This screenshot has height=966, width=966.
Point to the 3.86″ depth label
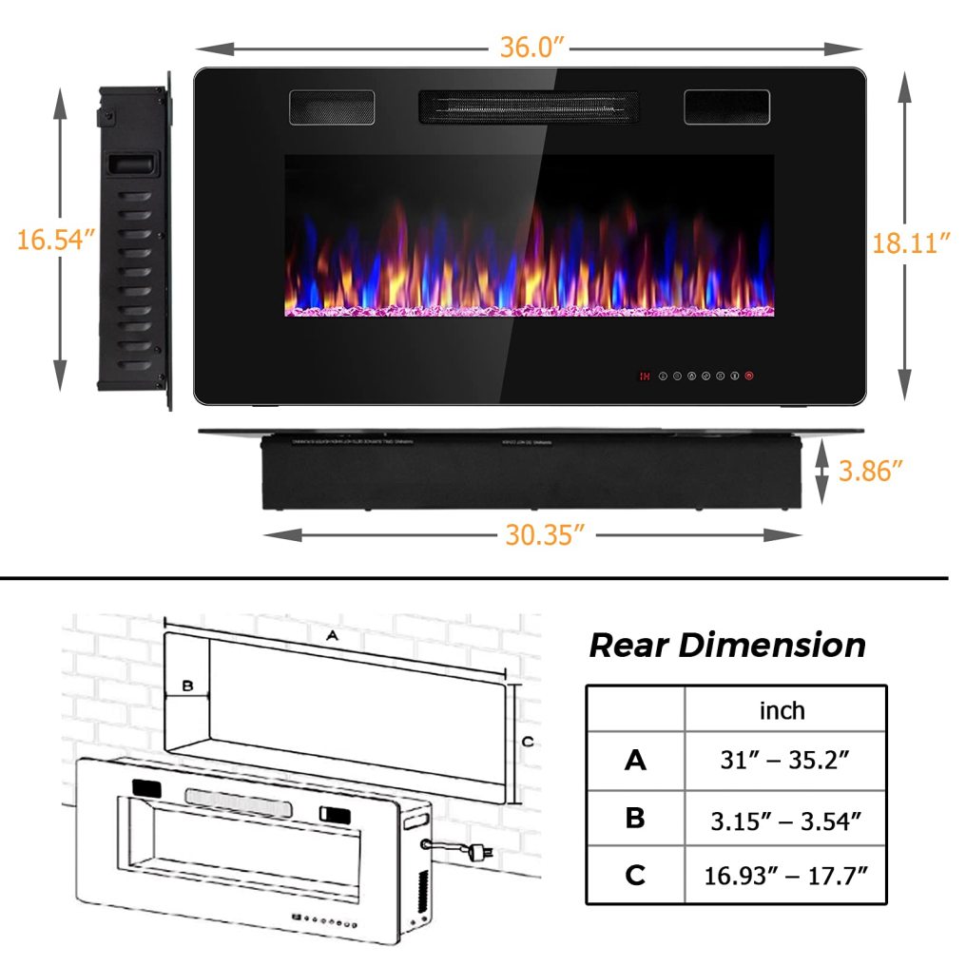869,470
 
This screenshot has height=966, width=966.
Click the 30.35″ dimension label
544,535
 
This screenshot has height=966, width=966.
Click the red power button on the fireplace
750,376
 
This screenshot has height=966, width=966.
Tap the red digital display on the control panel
645,377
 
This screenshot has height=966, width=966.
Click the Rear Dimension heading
727,645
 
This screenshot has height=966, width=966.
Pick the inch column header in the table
782,710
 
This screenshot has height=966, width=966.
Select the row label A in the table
635,761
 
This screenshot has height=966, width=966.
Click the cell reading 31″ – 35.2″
785,761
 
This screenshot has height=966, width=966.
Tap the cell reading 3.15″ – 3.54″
785,819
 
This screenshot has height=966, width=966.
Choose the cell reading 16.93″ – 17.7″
785,875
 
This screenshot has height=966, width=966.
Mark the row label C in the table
635,875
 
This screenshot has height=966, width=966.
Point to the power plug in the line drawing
482,853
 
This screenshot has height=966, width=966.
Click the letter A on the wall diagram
332,635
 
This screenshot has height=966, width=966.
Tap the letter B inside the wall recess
187,685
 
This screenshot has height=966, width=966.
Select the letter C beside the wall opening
530,741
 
